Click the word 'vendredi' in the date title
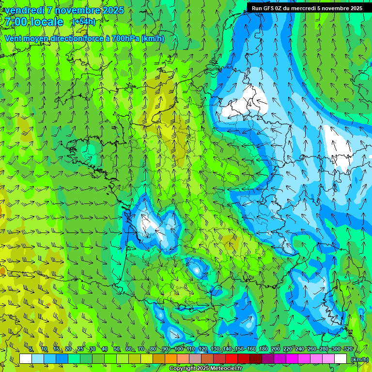tap(23, 10)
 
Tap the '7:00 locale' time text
tap(34, 22)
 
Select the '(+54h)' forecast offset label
tap(84, 22)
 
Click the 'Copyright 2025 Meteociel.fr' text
tap(205, 369)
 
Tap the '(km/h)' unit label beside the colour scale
tap(359, 359)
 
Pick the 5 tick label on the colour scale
tap(31, 349)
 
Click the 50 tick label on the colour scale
tap(116, 349)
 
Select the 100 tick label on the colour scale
tap(179, 349)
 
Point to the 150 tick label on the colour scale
tap(239, 349)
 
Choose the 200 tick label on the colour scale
tap(276, 349)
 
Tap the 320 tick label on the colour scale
tap(348, 349)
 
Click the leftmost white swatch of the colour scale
tap(26, 358)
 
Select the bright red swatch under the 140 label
tap(232, 358)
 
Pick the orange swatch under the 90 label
tap(171, 358)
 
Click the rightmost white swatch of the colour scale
tap(341, 358)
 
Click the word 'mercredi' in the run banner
tap(303, 8)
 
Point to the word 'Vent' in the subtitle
tap(14, 38)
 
